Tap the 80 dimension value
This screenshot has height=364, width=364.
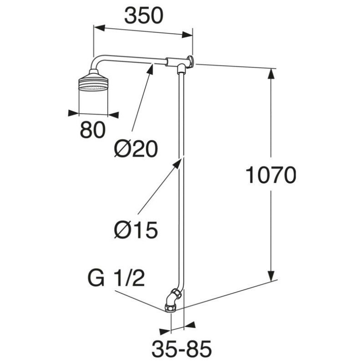click(x=92, y=131)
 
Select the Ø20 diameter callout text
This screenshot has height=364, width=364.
click(x=136, y=148)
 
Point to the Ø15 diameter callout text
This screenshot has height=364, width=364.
click(x=136, y=230)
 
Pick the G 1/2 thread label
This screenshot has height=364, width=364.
click(x=116, y=278)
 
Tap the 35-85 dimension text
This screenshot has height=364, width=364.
click(x=182, y=350)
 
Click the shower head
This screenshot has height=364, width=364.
click(x=93, y=82)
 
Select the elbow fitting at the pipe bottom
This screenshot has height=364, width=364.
click(x=173, y=300)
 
